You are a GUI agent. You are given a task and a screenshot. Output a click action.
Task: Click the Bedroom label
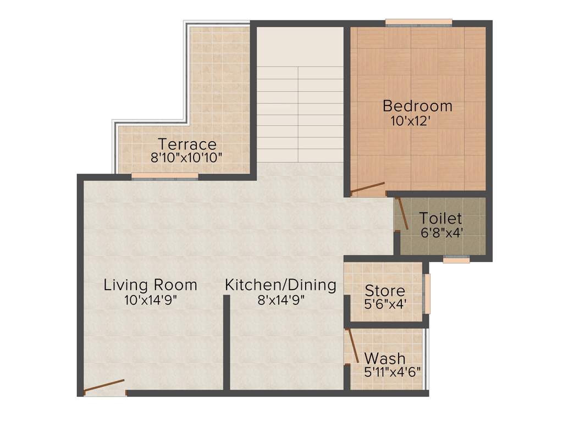[417, 105]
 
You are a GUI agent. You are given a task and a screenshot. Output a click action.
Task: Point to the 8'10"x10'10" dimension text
[187, 157]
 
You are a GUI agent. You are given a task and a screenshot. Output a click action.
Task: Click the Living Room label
[150, 285]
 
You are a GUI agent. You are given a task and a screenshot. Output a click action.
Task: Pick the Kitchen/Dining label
[280, 285]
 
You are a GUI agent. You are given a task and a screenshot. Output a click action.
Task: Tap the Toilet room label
[440, 219]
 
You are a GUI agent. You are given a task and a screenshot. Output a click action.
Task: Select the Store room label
[385, 291]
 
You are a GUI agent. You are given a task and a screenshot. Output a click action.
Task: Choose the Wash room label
[385, 359]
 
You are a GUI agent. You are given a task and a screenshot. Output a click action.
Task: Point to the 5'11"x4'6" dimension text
[392, 371]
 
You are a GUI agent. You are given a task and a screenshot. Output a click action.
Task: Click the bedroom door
[367, 189]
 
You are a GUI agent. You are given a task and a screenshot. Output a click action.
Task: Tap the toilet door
[403, 213]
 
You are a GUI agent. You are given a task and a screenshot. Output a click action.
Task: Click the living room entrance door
[104, 386]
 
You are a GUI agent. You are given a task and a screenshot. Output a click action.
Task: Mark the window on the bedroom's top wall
[418, 23]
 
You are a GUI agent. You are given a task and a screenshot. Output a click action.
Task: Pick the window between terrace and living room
[164, 176]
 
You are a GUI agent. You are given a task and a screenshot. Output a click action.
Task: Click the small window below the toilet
[456, 260]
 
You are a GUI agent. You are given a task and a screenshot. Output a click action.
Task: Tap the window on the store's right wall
[427, 293]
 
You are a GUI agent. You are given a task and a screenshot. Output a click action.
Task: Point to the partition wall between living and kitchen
[226, 343]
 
